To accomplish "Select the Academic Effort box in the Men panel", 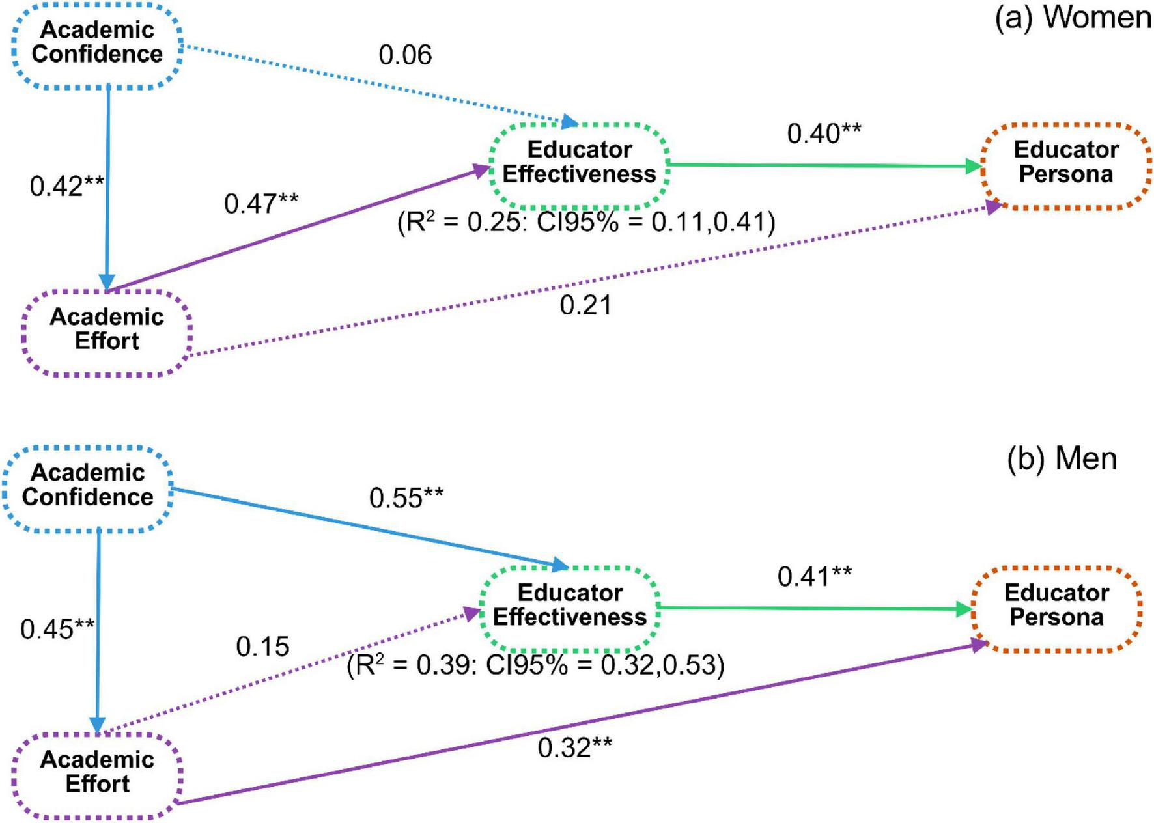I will tap(97, 772).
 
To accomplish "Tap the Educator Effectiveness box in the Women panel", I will tap(579, 162).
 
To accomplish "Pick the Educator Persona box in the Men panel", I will tap(1056, 606).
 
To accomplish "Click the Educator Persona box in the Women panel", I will tap(1066, 162).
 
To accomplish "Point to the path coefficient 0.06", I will tap(405, 55).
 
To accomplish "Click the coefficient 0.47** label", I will tap(261, 204).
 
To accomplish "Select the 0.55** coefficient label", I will tap(406, 499).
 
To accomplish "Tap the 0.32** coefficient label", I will tap(574, 748).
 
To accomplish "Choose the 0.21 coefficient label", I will tap(585, 305).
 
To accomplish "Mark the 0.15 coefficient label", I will tap(262, 647).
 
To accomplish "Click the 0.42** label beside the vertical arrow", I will tap(66, 187).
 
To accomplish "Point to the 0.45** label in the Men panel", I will tap(57, 630).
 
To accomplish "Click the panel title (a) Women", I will tap(1073, 18).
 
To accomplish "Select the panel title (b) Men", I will tap(1062, 459).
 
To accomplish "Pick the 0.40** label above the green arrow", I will tap(824, 134).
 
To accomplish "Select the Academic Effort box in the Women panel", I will tap(107, 329).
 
